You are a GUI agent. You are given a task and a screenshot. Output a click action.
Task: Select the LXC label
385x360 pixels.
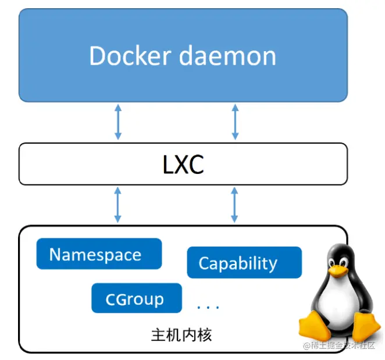click(x=183, y=165)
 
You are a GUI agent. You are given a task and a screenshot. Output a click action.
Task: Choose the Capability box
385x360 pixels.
click(x=244, y=263)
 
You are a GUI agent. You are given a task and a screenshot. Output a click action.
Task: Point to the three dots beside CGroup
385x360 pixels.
click(x=208, y=307)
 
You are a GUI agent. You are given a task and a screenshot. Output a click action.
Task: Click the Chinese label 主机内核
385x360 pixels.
click(x=181, y=336)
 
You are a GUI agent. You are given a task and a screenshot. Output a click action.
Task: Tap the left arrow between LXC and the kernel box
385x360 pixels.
click(x=118, y=205)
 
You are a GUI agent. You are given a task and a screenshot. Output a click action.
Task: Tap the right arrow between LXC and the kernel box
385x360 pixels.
click(x=235, y=205)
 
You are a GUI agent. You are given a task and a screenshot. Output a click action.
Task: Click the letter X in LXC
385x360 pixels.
click(x=183, y=165)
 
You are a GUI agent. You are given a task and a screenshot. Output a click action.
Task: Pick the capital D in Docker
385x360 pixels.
click(x=99, y=56)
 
